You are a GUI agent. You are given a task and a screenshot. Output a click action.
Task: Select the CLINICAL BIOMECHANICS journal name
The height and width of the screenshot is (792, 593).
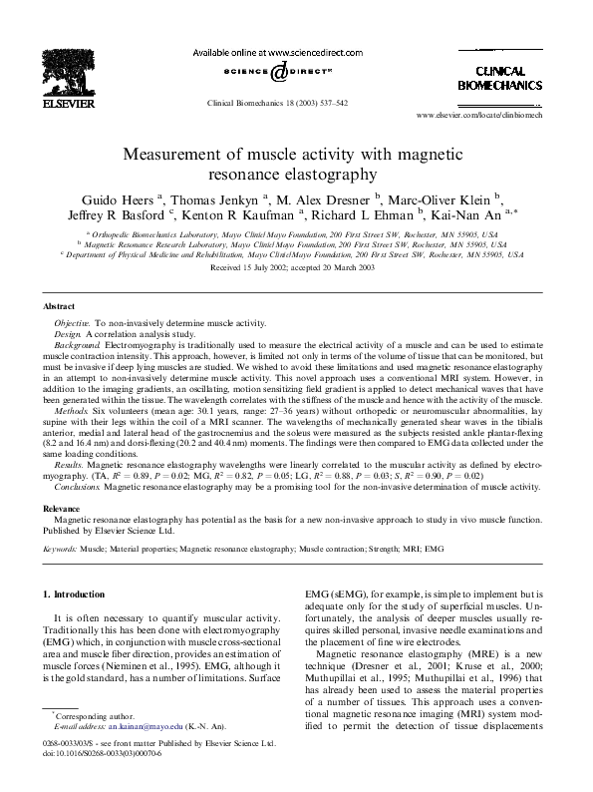(x=498, y=79)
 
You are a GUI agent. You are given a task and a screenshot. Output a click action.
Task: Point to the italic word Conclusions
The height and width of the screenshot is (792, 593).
(x=78, y=488)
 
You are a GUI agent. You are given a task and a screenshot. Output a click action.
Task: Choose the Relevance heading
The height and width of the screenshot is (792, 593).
(x=65, y=508)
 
